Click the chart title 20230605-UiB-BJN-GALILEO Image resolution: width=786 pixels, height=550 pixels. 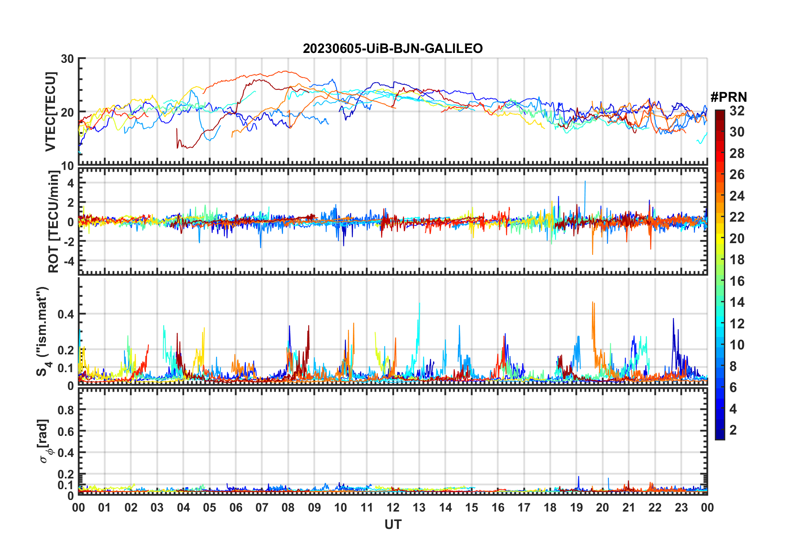(393, 49)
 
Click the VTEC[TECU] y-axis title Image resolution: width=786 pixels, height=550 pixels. (50, 112)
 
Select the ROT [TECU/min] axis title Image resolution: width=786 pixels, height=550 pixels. (54, 222)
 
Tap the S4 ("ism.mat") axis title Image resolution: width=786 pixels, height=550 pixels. (43, 332)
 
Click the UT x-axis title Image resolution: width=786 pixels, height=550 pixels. (393, 525)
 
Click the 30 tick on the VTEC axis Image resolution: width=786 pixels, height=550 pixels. (67, 59)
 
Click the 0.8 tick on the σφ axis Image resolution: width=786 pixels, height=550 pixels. (66, 410)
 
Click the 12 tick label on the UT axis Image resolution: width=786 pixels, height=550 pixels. (393, 508)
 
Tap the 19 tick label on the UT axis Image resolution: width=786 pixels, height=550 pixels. (576, 508)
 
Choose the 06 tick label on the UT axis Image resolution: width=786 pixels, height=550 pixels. (236, 508)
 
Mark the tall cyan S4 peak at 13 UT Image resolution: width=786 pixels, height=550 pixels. (419, 304)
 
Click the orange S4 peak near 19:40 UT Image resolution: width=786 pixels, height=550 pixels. (593, 303)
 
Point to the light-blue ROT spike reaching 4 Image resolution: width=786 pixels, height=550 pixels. (585, 182)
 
